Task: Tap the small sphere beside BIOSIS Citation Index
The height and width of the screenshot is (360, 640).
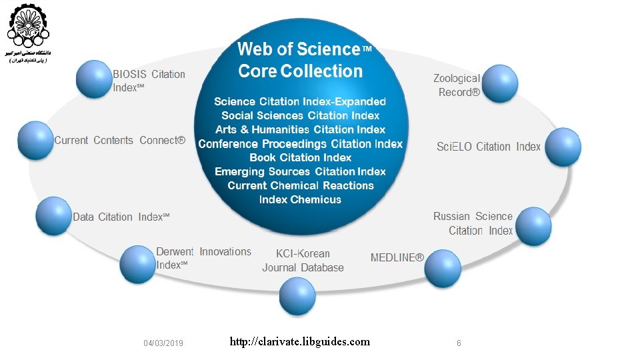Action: pyautogui.click(x=93, y=79)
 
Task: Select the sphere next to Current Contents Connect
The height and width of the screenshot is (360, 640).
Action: pyautogui.click(x=35, y=141)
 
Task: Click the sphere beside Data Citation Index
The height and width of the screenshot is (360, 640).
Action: pyautogui.click(x=53, y=215)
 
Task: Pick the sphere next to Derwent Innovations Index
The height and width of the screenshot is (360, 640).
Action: pyautogui.click(x=137, y=263)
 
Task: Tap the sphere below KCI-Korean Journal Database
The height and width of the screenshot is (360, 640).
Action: pyautogui.click(x=297, y=296)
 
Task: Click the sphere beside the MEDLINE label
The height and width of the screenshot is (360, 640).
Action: pyautogui.click(x=443, y=267)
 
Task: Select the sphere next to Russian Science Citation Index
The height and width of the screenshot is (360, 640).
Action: pyautogui.click(x=533, y=226)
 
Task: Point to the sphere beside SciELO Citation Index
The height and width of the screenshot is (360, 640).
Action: pyautogui.click(x=562, y=147)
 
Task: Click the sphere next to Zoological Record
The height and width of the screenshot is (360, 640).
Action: pyautogui.click(x=499, y=83)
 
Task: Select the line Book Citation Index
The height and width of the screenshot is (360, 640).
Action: pyautogui.click(x=300, y=157)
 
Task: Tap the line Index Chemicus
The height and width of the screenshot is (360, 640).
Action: pyautogui.click(x=300, y=199)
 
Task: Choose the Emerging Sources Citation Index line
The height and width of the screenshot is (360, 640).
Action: pyautogui.click(x=300, y=171)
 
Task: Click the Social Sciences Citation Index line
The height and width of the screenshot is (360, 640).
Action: pyautogui.click(x=300, y=115)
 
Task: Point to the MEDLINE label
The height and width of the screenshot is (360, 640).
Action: pyautogui.click(x=397, y=257)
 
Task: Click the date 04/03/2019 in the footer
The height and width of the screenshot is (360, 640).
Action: pyautogui.click(x=163, y=343)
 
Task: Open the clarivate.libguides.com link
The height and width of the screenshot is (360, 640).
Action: pyautogui.click(x=299, y=342)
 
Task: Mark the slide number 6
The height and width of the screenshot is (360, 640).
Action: pyautogui.click(x=459, y=343)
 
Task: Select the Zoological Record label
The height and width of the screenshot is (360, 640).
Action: pyautogui.click(x=457, y=85)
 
